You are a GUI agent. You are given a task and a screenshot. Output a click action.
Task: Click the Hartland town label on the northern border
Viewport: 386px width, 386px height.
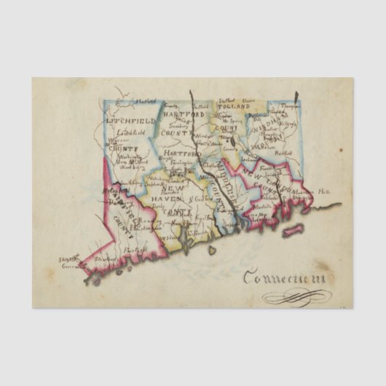point(145,101)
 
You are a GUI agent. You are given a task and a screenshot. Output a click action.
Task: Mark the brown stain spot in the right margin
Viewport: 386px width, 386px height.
point(340,150)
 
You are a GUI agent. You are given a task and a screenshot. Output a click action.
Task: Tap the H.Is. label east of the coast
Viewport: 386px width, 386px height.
point(323,190)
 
